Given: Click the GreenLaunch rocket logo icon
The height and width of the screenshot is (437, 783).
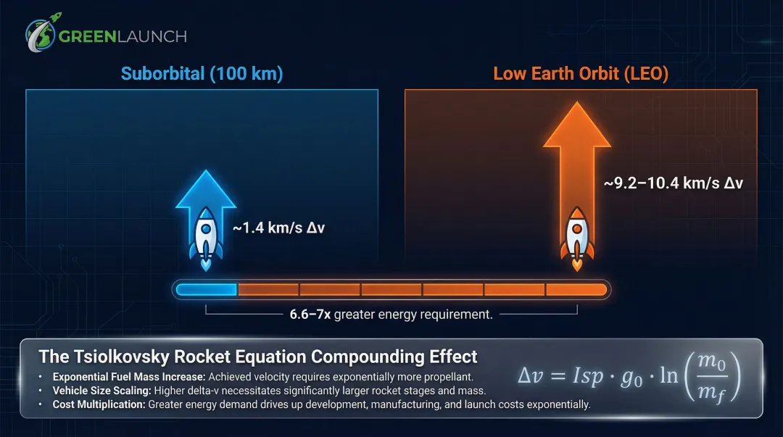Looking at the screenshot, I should (41, 34).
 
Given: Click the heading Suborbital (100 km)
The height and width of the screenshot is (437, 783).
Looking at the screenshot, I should (202, 74).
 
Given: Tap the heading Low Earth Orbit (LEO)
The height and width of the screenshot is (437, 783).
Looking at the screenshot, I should (581, 74).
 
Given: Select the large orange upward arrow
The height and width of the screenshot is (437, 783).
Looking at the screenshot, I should (577, 145).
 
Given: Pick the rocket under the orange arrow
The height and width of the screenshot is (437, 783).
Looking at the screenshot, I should (577, 236).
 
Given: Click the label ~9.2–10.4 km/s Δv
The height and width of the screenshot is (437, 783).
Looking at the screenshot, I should (673, 183).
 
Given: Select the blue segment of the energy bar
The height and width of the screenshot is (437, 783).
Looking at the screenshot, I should (207, 290).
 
